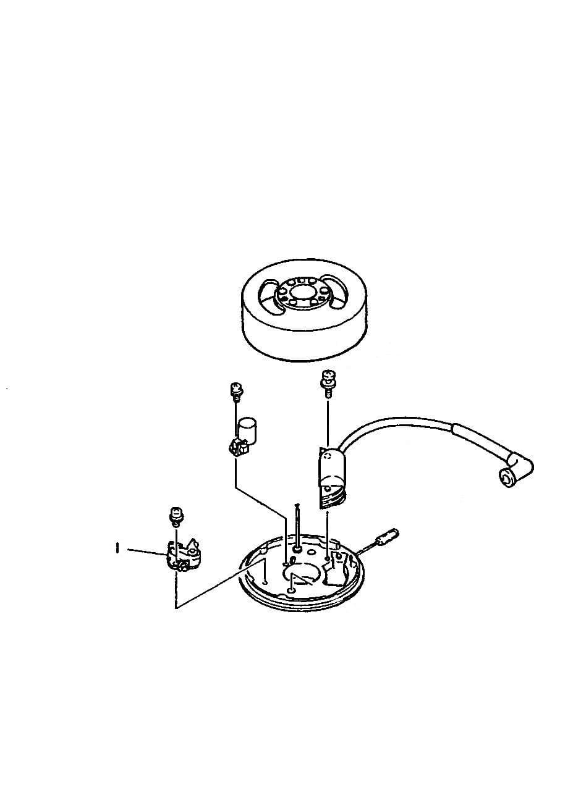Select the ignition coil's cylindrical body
[331, 465]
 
